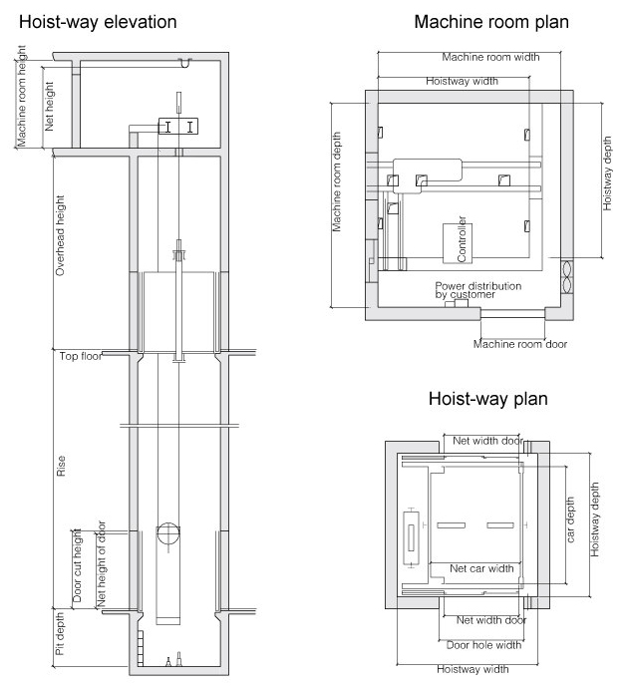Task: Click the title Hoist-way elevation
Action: (98, 22)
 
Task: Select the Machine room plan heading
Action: (491, 22)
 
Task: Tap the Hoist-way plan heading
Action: (488, 399)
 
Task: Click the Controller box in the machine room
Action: (458, 243)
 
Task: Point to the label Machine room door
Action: (520, 344)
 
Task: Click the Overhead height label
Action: (60, 235)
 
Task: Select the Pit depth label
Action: (60, 633)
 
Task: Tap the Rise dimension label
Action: (61, 466)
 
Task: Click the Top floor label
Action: (81, 356)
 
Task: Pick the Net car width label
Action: (481, 568)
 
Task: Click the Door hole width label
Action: (483, 645)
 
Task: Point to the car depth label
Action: (570, 519)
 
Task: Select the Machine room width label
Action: (490, 57)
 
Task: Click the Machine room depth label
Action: (336, 181)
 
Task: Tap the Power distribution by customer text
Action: (478, 290)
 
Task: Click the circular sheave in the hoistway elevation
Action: (168, 534)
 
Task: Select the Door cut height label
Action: (77, 565)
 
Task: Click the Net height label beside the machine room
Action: (49, 106)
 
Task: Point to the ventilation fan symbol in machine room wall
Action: (567, 277)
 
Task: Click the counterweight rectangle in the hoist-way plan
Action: (411, 538)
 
